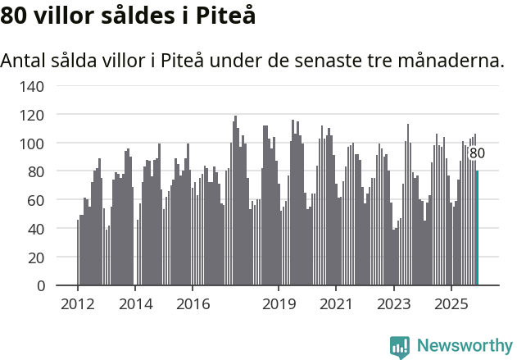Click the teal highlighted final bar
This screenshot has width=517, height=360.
point(477,228)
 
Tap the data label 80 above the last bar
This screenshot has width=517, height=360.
point(477,153)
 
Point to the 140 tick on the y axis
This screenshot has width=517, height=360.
point(33,86)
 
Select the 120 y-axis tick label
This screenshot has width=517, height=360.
point(33,115)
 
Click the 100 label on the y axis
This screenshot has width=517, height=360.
point(33,144)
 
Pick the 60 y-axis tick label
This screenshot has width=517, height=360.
point(37,200)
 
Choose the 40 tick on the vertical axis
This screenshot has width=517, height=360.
point(37,229)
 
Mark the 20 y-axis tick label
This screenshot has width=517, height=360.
point(37,257)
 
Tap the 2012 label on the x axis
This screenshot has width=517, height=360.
point(78,304)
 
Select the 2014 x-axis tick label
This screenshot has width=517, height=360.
point(135,304)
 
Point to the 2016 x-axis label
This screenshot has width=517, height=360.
point(193,304)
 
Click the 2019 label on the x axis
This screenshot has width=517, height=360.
point(279,304)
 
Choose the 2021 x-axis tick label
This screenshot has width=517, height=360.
point(336,304)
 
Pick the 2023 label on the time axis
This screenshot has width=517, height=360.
point(393,304)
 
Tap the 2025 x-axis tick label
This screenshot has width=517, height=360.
point(451,304)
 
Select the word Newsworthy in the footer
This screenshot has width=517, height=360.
point(465,346)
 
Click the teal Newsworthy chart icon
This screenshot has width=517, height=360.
point(400,347)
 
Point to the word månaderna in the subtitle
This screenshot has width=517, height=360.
point(455,62)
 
